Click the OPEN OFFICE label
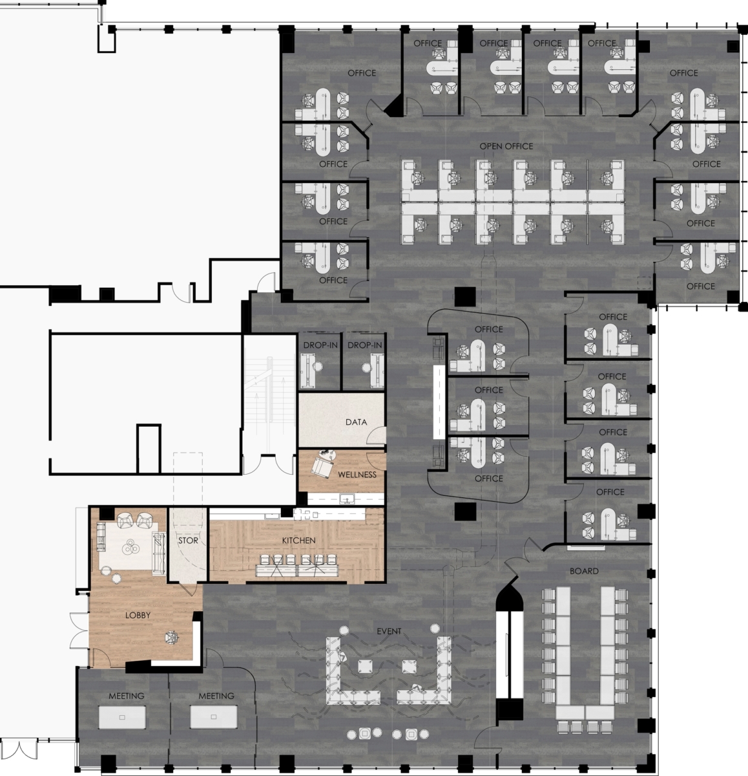pyautogui.click(x=506, y=146)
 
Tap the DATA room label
pyautogui.click(x=356, y=422)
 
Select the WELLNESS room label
pyautogui.click(x=357, y=474)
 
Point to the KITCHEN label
pyautogui.click(x=298, y=540)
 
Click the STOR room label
pyautogui.click(x=188, y=540)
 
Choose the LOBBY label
pyautogui.click(x=138, y=615)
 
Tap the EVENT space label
pyautogui.click(x=389, y=630)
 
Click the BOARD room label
pyautogui.click(x=584, y=571)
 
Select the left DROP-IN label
pyautogui.click(x=320, y=345)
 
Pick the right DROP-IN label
pyautogui.click(x=364, y=345)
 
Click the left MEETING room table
pyautogui.click(x=122, y=717)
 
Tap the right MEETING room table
pyautogui.click(x=213, y=717)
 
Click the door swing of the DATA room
pyautogui.click(x=375, y=437)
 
